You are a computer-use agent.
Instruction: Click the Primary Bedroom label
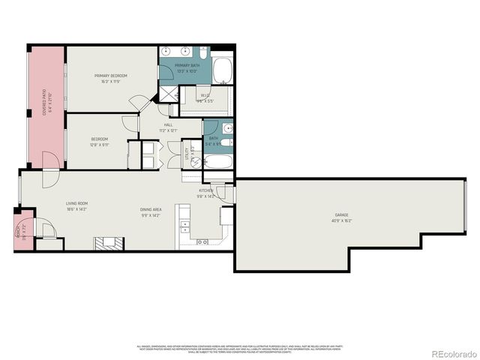[x=110, y=79]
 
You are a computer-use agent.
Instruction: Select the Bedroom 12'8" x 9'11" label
[x=100, y=142]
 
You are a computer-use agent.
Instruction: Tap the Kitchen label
[x=206, y=193]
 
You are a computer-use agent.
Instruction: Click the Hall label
[x=168, y=127]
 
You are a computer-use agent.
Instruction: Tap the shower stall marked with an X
[x=168, y=94]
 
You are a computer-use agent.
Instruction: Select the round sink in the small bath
[x=227, y=141]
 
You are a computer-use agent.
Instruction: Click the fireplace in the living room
[x=106, y=242]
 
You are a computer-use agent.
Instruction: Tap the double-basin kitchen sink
[x=202, y=241]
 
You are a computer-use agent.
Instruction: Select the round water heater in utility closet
[x=193, y=162]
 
